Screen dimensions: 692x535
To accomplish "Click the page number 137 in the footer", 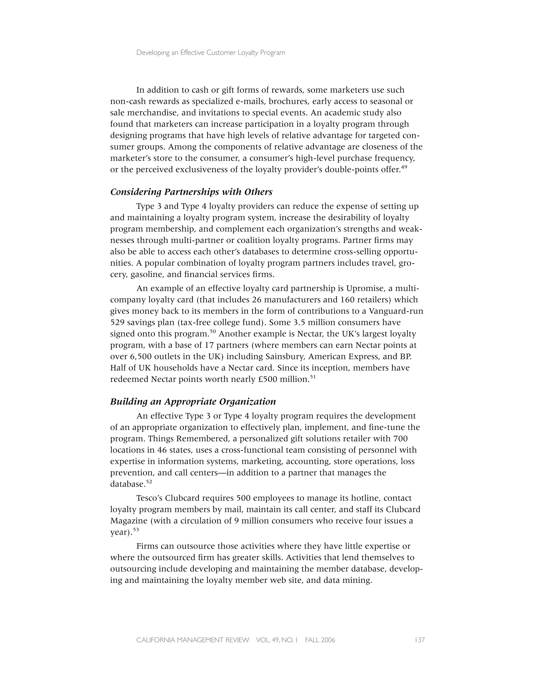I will [x=419, y=640].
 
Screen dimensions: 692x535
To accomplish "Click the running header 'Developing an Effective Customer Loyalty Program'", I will [x=211, y=53].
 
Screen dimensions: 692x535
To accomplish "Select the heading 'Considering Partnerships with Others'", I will [x=191, y=192].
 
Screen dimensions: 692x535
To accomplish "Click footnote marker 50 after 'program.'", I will [x=213, y=331].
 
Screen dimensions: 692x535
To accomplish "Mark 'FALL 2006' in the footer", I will [x=320, y=640].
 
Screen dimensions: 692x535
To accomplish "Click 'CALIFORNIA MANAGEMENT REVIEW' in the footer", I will [x=193, y=640].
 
